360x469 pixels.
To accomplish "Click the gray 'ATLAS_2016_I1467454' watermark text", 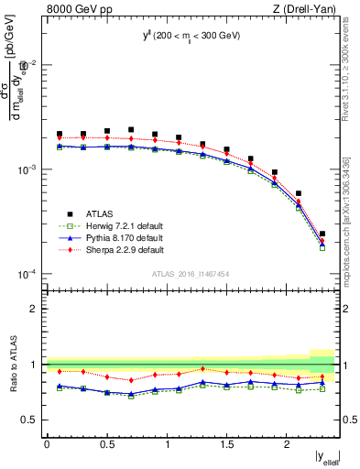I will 190,273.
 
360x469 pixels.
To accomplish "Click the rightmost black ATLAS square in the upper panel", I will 322,234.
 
